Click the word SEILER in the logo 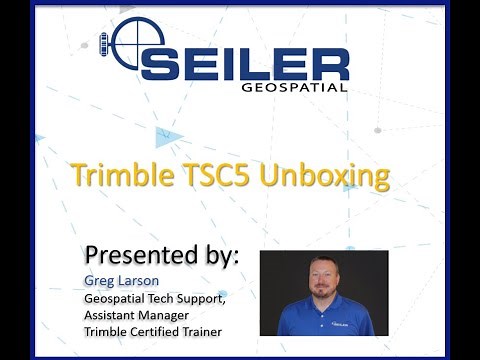click(245, 61)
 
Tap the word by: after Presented click(217, 253)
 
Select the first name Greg click(97, 281)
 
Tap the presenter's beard click(325, 291)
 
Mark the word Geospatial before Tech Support click(118, 297)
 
